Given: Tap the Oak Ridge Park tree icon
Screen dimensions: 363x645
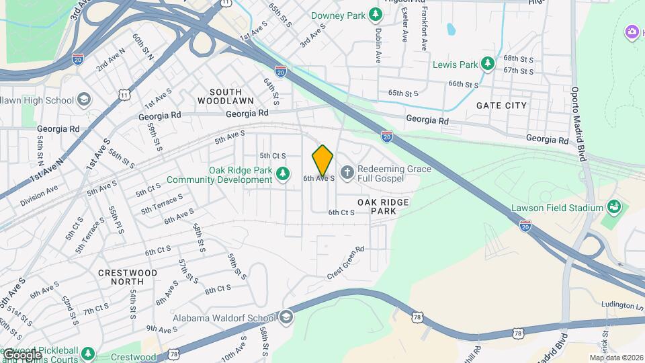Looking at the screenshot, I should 284,175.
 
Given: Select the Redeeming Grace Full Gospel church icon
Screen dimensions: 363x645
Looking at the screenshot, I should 347,174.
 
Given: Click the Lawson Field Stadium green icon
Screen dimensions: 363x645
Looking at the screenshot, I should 613,206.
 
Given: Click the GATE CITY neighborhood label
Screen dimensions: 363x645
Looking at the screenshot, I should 501,106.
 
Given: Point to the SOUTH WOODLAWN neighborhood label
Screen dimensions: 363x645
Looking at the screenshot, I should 226,96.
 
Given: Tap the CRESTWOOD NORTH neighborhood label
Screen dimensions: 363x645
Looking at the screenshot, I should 128,278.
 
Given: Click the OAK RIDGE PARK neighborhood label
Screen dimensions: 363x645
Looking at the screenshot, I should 383,206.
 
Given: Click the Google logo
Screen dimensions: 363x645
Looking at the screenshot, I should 21,354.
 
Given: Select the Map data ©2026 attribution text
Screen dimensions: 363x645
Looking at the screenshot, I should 615,358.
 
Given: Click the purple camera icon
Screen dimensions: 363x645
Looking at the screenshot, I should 632,32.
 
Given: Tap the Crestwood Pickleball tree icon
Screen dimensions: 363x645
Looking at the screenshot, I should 87,353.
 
